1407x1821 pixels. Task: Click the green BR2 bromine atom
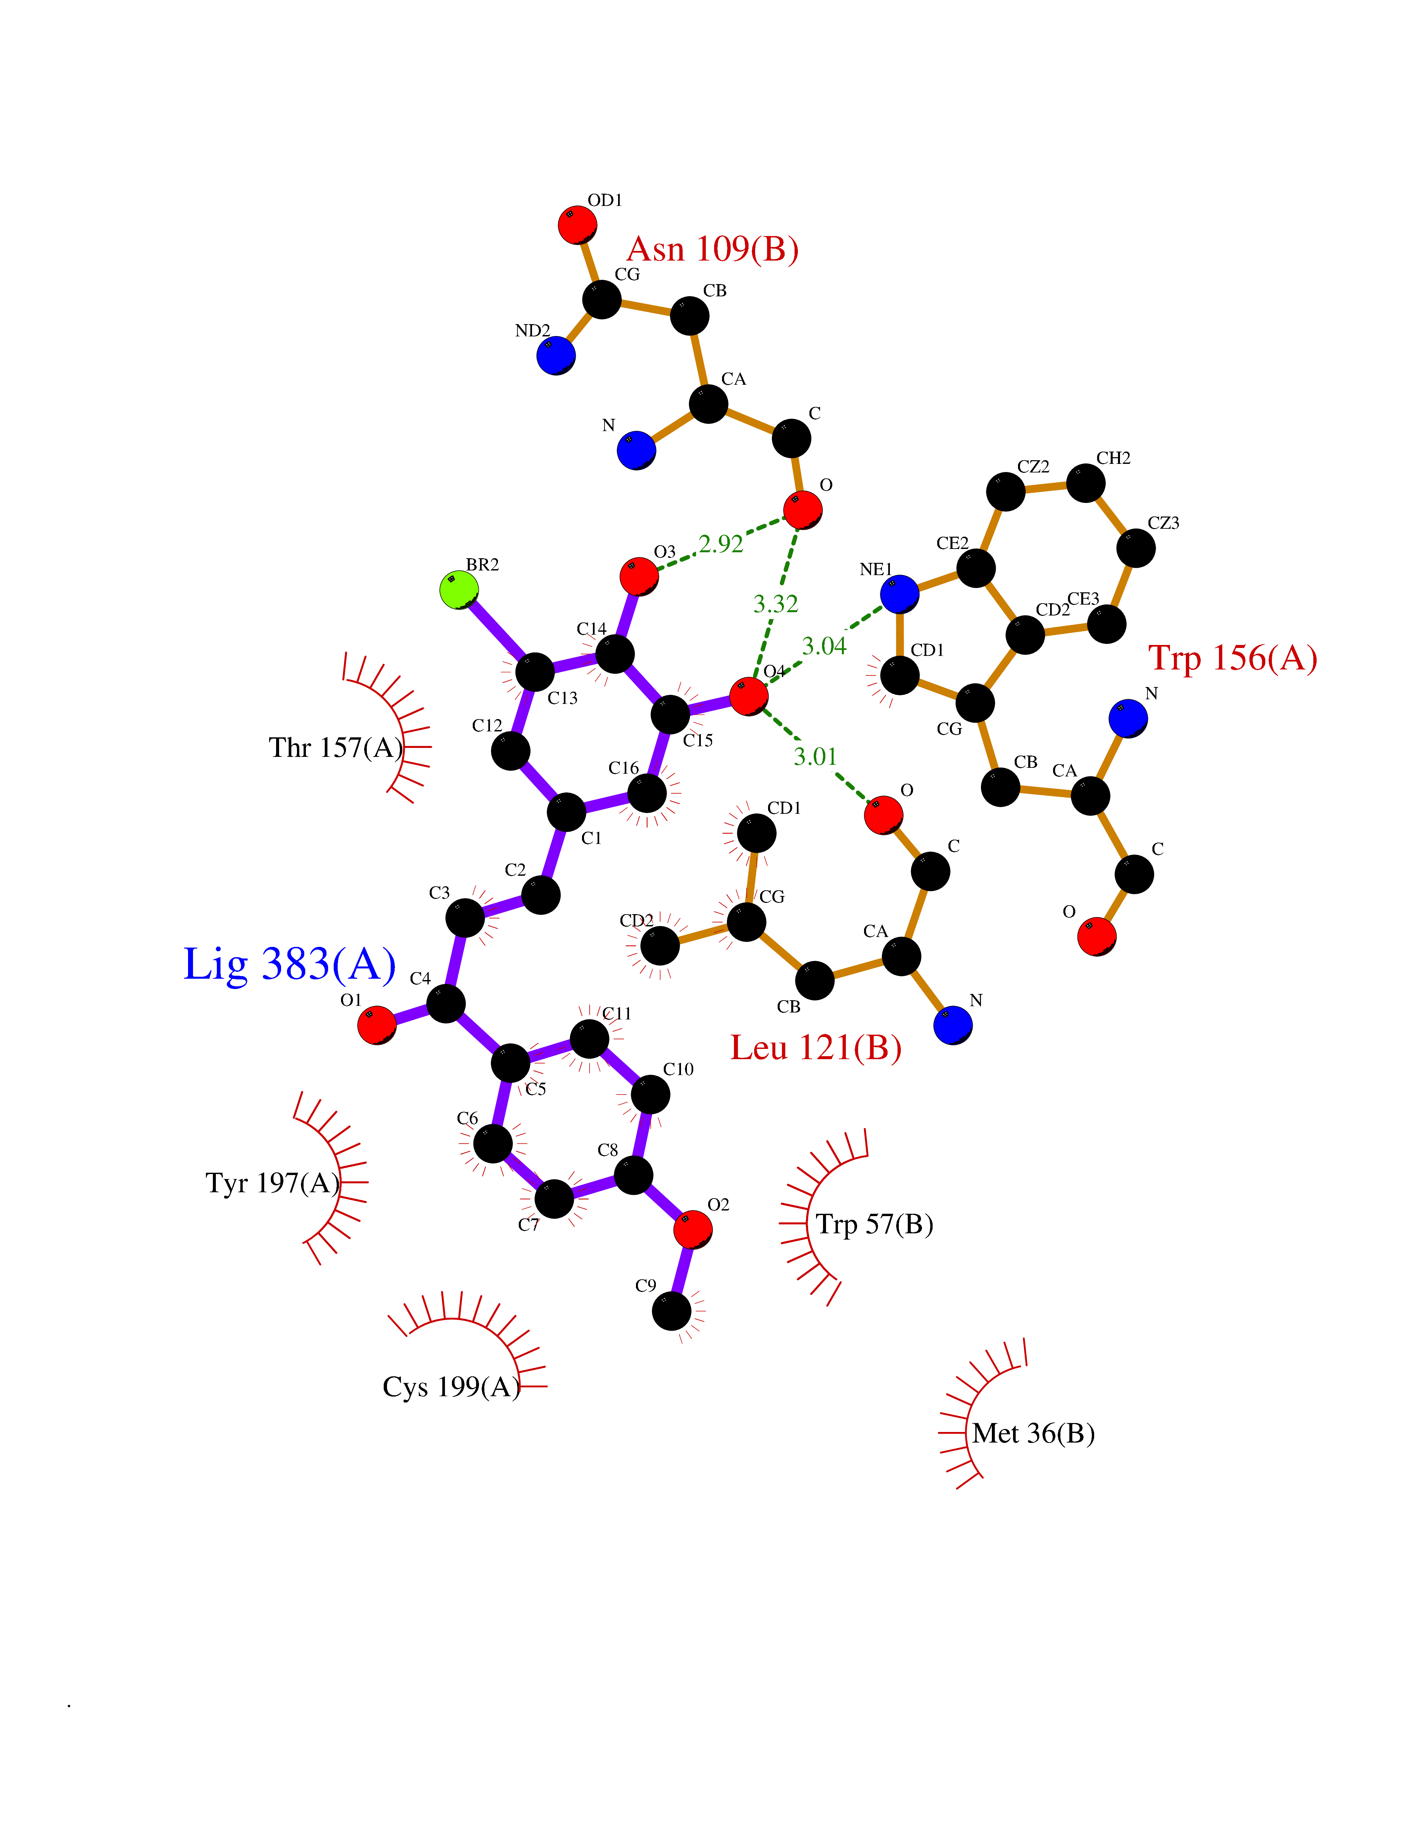(x=459, y=590)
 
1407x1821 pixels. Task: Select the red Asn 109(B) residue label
(x=713, y=249)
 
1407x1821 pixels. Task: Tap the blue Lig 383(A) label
(x=289, y=965)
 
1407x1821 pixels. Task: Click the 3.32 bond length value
(x=775, y=604)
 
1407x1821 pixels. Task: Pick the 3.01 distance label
(x=814, y=757)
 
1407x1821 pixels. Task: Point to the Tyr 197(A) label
(x=272, y=1183)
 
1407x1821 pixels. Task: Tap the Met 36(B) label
(x=1033, y=1433)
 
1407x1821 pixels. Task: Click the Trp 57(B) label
(x=874, y=1224)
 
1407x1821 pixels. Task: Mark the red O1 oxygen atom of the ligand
(x=377, y=1025)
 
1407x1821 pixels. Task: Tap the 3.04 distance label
(x=824, y=646)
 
